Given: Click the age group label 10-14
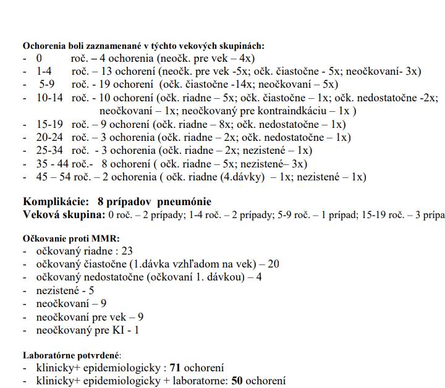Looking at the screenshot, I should (x=49, y=98).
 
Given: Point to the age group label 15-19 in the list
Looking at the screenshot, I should (x=49, y=124).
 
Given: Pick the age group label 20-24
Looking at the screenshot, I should (x=49, y=138).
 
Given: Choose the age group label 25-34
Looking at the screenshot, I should (x=49, y=151).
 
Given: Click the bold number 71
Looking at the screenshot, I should (x=176, y=368).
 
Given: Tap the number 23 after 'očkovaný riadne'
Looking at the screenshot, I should (x=127, y=251).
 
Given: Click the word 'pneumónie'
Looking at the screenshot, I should (x=184, y=202).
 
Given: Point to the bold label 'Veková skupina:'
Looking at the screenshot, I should (x=64, y=215).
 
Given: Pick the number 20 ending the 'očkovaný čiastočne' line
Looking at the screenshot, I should (x=273, y=264).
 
